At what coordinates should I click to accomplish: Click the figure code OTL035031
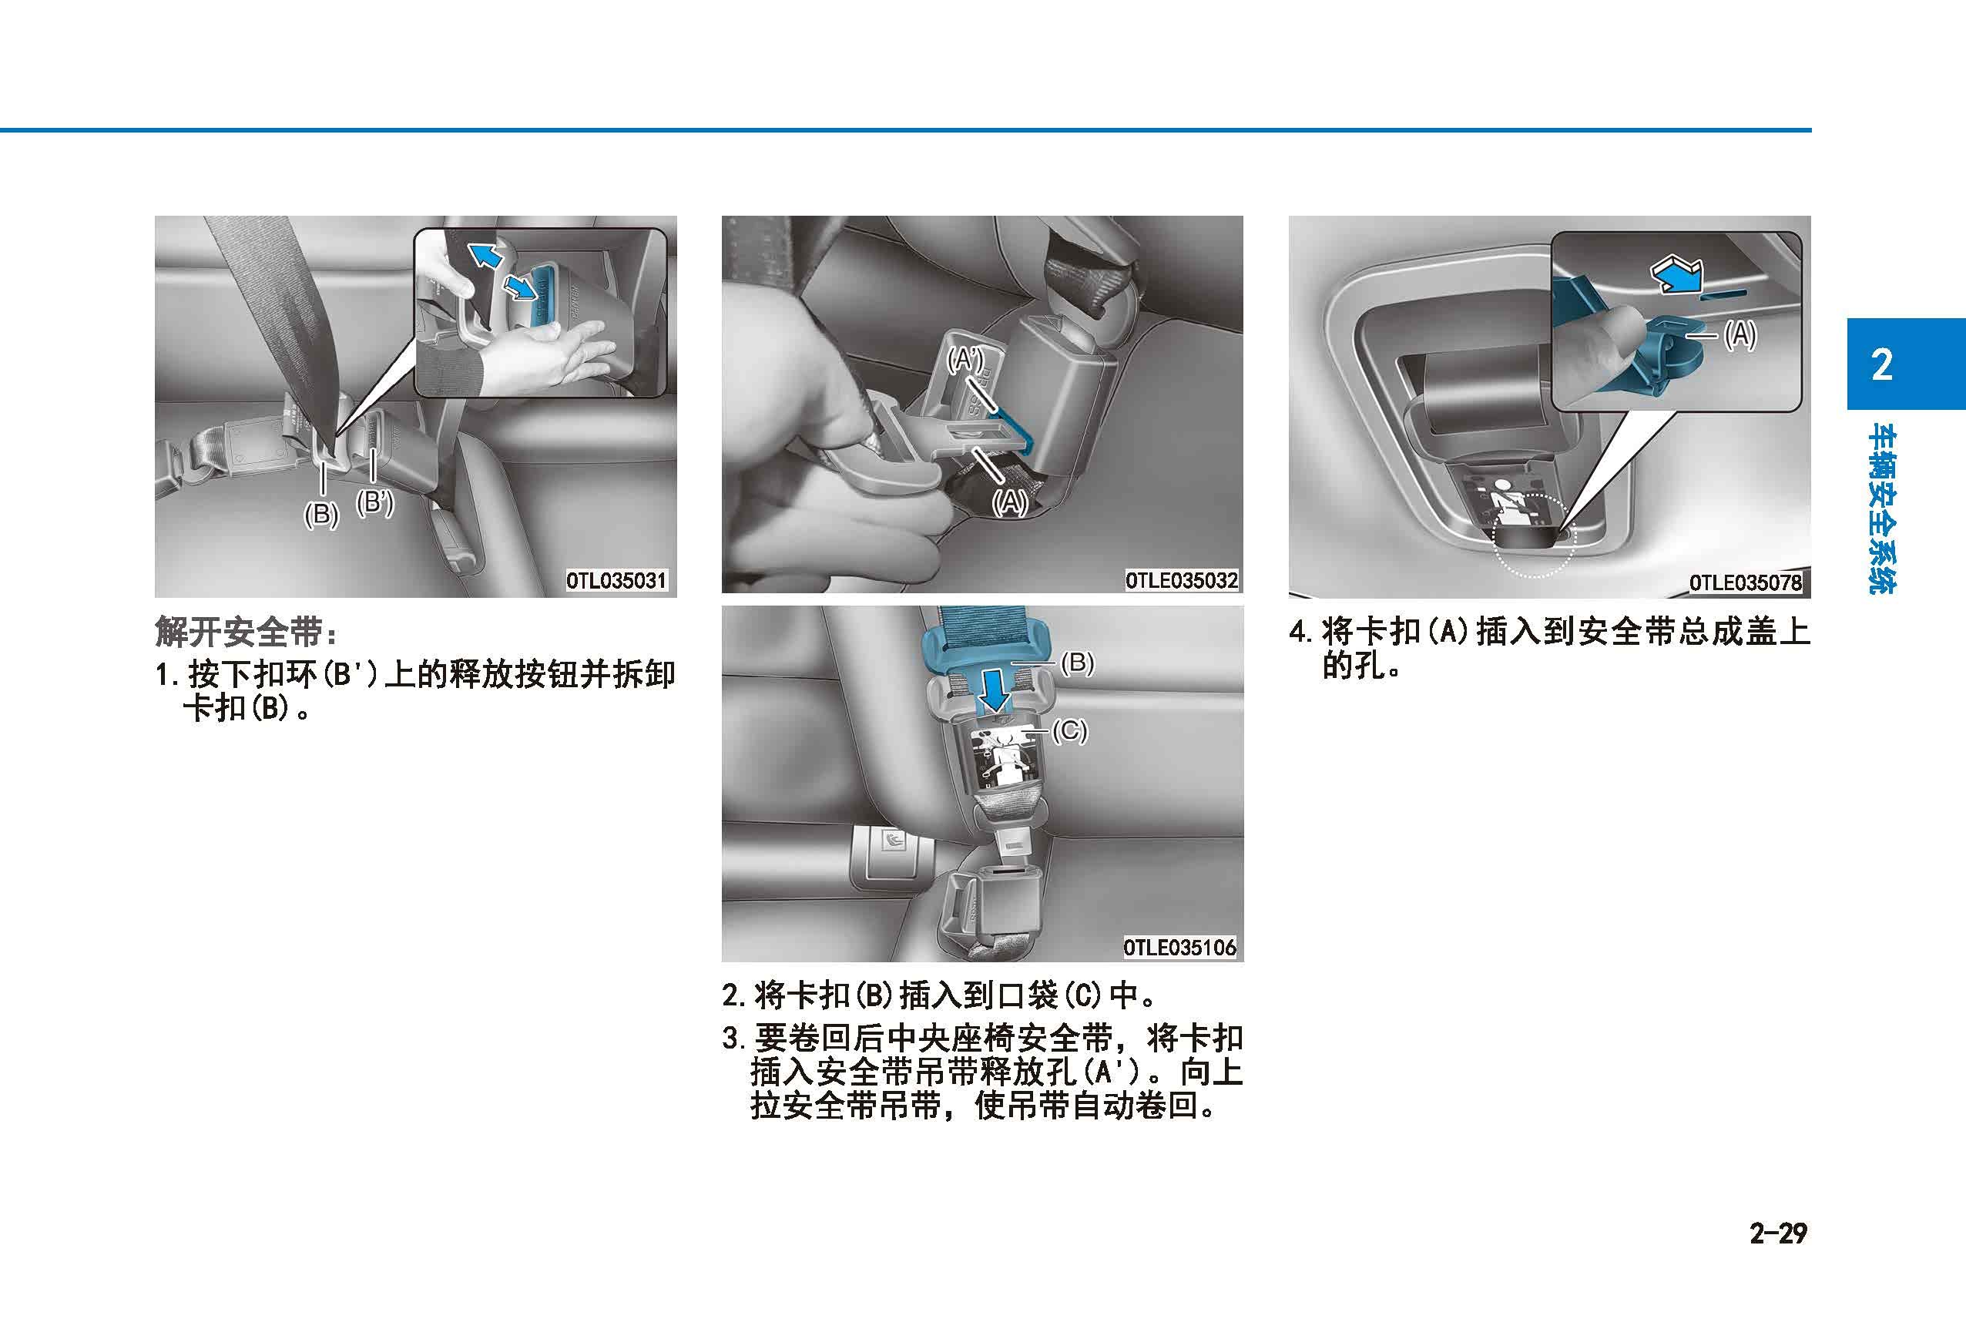coord(617,581)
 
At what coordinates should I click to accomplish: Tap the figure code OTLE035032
coord(1181,580)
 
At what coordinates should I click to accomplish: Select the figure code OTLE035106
coord(1180,948)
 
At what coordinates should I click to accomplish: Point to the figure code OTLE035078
coord(1746,583)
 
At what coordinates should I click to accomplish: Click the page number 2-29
coord(1778,1233)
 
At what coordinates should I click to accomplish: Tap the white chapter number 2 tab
coord(1881,364)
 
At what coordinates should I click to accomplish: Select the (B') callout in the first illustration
coord(374,503)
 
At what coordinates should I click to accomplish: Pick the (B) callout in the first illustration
coord(321,515)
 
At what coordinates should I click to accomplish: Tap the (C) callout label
coord(1069,730)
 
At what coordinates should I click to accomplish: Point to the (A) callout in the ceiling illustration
coord(1740,336)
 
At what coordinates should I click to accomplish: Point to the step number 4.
coord(1296,633)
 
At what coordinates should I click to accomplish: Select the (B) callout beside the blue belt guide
coord(1078,663)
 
